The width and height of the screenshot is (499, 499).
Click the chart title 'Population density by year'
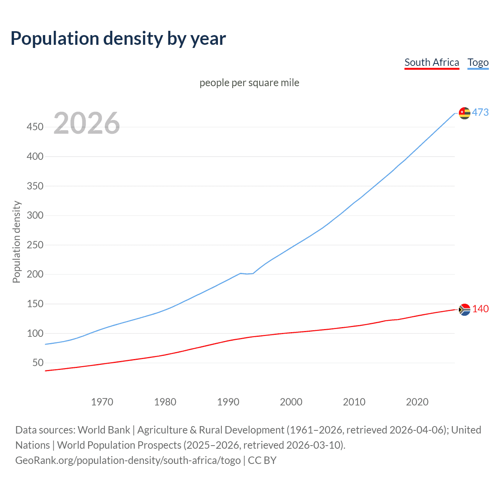(x=118, y=39)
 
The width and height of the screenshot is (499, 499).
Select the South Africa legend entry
(x=432, y=62)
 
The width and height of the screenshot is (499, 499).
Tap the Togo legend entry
(x=478, y=62)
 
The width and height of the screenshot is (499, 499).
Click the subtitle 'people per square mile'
(x=249, y=83)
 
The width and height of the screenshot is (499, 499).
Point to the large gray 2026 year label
(x=87, y=123)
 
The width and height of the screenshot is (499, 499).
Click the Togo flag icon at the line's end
(x=464, y=113)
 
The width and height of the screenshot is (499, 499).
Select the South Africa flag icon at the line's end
(x=464, y=310)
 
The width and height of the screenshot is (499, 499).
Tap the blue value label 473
(x=480, y=113)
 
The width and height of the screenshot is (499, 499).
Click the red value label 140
(x=480, y=309)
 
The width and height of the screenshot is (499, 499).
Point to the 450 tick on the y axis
(x=35, y=127)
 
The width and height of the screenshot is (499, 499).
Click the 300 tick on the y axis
(x=35, y=216)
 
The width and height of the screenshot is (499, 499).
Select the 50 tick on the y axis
(x=38, y=363)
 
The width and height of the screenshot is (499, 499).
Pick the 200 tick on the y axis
(x=35, y=274)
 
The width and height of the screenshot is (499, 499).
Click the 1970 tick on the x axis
(x=102, y=402)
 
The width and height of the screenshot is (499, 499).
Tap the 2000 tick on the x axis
(x=291, y=402)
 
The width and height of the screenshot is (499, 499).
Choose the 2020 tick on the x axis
(x=417, y=402)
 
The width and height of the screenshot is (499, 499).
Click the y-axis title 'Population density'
(x=16, y=242)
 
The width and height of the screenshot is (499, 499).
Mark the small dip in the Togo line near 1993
(x=247, y=274)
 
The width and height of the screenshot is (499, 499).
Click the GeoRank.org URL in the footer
(x=128, y=460)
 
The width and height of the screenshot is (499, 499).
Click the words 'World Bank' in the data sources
(x=104, y=430)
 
